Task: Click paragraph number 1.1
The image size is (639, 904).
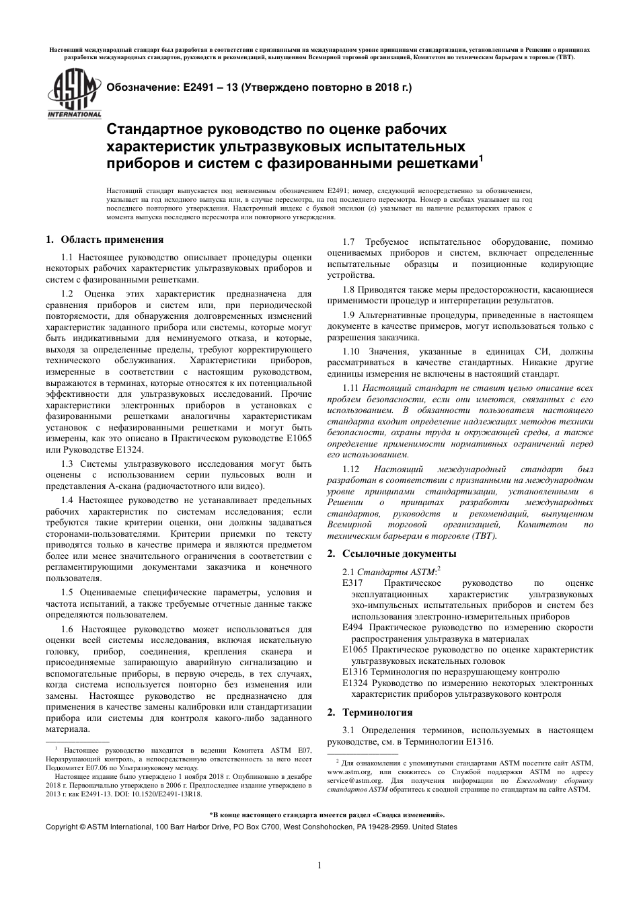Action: coord(67,257)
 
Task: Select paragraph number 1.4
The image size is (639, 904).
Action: coord(67,500)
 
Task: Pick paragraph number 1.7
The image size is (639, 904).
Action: coord(349,242)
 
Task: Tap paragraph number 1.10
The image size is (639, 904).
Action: coord(352,352)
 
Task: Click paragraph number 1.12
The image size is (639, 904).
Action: coord(351,469)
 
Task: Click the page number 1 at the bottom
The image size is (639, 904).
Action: coord(319,865)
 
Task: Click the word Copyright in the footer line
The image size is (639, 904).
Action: coord(61,827)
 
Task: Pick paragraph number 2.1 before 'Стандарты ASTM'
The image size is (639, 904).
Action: coord(349,572)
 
